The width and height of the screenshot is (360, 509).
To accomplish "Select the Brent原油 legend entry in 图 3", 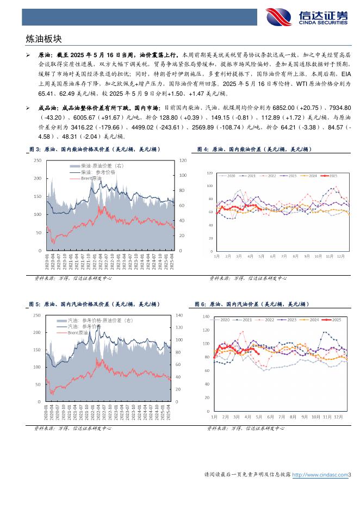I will [x=91, y=178].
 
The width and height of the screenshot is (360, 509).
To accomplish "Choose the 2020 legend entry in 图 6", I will [x=224, y=320].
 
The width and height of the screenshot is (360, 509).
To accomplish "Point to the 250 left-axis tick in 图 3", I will [x=38, y=160].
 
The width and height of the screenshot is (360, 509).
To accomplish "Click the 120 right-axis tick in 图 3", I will [x=183, y=160].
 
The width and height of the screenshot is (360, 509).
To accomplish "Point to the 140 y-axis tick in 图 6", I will [x=206, y=316].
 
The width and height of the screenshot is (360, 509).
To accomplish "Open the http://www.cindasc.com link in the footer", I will [x=320, y=475].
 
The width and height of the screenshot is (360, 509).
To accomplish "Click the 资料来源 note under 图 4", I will [x=247, y=278].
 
